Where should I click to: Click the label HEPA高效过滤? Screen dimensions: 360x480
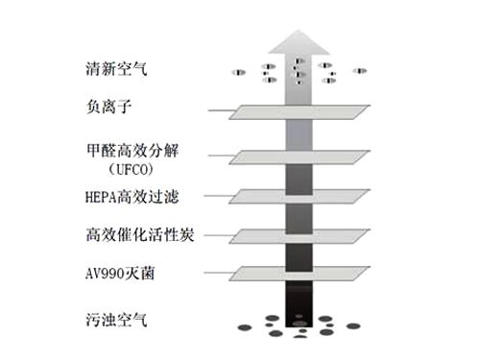pos(132,197)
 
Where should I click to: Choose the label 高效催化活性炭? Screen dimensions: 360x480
pos(140,235)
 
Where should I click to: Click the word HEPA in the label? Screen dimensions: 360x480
pos(102,197)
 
